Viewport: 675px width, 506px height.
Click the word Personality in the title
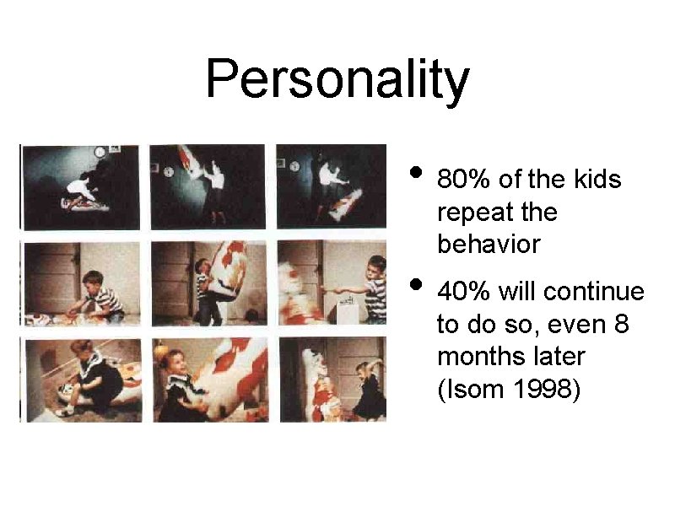coord(337,80)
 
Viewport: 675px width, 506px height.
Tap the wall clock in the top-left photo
coord(100,152)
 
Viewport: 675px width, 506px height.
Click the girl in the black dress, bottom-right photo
coord(369,392)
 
